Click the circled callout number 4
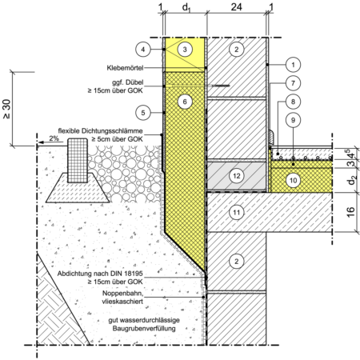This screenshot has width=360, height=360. click(143, 50)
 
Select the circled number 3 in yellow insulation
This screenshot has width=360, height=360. click(185, 50)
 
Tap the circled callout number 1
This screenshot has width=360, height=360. click(293, 65)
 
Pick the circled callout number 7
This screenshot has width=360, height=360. click(293, 83)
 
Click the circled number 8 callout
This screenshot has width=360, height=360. click(293, 102)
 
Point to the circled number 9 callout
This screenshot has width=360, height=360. click(293, 120)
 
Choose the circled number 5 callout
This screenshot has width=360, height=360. click(143, 113)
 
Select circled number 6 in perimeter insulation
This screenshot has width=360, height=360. click(185, 102)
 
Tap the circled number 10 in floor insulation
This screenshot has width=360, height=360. click(293, 181)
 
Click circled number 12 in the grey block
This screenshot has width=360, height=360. click(237, 176)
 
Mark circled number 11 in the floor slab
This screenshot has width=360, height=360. click(237, 213)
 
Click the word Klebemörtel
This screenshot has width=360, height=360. click(125, 68)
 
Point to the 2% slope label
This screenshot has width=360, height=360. click(54, 138)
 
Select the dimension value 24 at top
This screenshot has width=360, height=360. click(237, 7)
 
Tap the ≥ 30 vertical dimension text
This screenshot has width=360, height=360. click(6, 109)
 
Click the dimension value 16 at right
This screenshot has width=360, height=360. click(351, 212)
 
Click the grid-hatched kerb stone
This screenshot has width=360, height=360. click(78, 160)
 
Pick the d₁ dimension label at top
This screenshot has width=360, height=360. click(186, 8)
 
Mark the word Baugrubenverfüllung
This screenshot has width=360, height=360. click(144, 328)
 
